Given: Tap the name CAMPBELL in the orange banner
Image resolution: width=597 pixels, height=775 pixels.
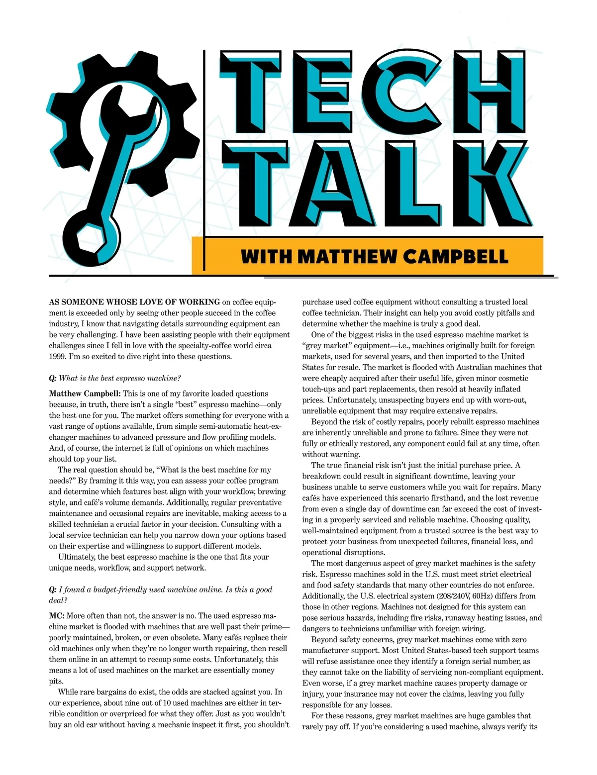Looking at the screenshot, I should [x=456, y=257].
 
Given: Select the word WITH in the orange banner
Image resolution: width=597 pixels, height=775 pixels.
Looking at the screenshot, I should [x=266, y=257].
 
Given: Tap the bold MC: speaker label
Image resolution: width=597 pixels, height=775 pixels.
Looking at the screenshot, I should [x=56, y=616].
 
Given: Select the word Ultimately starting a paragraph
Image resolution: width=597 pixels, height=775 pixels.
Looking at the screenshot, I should [x=76, y=557].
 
